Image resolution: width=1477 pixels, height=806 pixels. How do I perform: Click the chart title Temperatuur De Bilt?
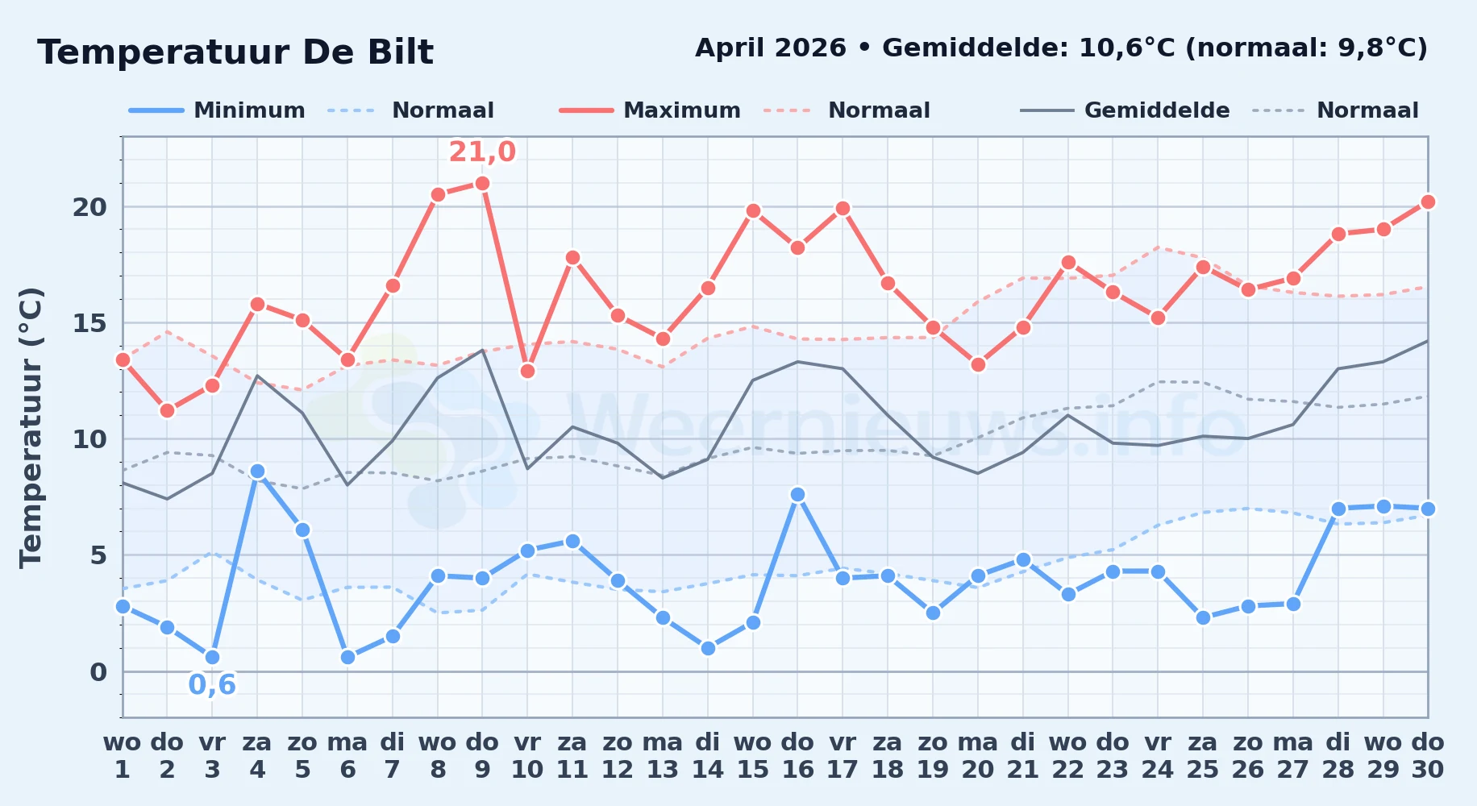[235, 52]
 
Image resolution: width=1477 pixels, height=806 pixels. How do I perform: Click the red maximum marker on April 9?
[482, 184]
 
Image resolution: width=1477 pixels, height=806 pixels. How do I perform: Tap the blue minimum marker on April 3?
[212, 658]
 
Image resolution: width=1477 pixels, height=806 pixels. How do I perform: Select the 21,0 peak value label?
[482, 152]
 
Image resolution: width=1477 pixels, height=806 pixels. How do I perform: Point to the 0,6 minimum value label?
[212, 685]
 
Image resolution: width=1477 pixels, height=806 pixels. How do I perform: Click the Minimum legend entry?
[217, 110]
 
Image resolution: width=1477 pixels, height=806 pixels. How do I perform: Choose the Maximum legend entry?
[650, 110]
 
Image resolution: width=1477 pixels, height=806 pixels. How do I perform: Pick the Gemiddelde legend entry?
[1125, 110]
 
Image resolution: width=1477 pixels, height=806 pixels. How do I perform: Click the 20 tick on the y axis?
[89, 207]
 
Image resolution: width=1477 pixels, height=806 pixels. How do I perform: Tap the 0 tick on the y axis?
[98, 672]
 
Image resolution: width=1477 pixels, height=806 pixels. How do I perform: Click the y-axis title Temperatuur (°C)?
[31, 427]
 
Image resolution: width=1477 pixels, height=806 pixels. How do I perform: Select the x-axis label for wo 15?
[753, 756]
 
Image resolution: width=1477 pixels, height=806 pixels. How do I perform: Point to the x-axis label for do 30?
[1427, 756]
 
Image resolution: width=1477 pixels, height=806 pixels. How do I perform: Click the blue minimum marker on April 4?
[257, 472]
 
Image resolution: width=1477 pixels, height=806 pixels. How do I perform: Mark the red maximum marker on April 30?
[1428, 202]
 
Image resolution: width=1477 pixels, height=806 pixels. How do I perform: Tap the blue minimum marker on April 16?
[797, 495]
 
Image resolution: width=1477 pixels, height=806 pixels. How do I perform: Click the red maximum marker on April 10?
[527, 372]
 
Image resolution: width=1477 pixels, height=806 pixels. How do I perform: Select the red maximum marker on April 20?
[978, 365]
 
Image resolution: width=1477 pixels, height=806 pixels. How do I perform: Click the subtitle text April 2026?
[771, 48]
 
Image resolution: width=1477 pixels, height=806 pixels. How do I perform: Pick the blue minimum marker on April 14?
[708, 648]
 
